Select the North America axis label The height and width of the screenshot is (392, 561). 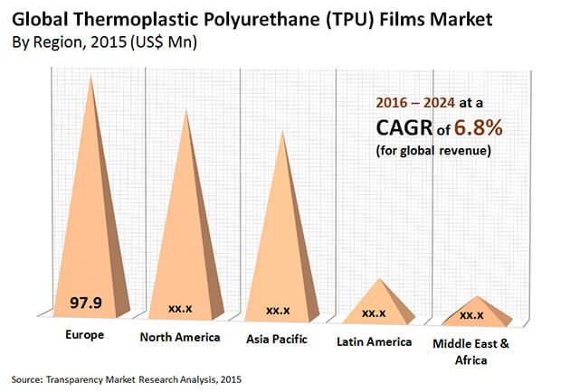pyautogui.click(x=179, y=338)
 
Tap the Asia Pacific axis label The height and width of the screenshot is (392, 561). pyautogui.click(x=277, y=339)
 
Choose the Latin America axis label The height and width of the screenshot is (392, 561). pyautogui.click(x=375, y=341)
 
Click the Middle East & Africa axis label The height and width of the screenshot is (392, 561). pyautogui.click(x=471, y=350)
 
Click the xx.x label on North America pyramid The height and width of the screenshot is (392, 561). pyautogui.click(x=181, y=308)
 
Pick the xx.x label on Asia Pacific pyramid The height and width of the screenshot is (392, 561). pyautogui.click(x=278, y=311)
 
